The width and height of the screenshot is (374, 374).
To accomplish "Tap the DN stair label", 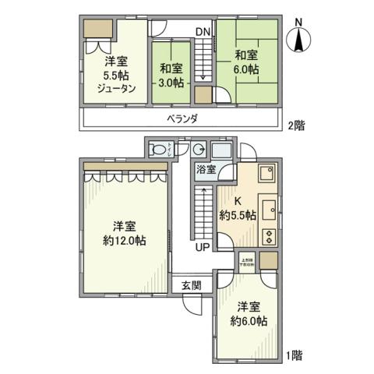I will (x=203, y=31).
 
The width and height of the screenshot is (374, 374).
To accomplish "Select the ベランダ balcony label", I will (x=181, y=118).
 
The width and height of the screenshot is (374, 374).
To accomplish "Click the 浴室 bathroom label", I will (x=206, y=169).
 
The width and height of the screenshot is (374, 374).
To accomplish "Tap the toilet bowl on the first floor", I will (x=158, y=150).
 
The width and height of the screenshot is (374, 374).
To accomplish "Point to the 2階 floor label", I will (x=295, y=125).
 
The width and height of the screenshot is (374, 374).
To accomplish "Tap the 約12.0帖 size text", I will (x=124, y=241).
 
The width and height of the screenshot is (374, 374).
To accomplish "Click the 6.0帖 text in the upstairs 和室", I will (x=246, y=70).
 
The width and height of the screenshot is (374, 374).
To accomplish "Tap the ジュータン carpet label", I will (x=118, y=88).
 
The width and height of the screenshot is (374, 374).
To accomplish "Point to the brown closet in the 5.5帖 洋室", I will (x=99, y=28).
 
